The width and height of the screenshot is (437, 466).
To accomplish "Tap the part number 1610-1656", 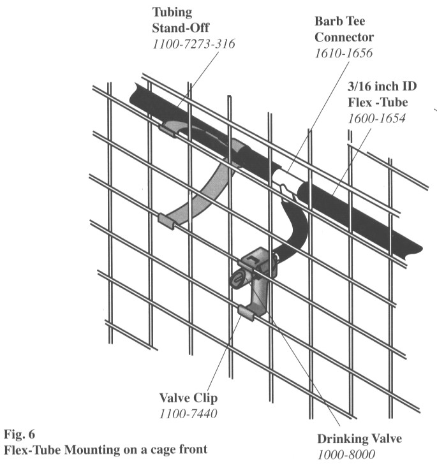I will tap(344, 55).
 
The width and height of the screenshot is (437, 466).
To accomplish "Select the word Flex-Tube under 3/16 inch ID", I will tap(377, 103).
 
